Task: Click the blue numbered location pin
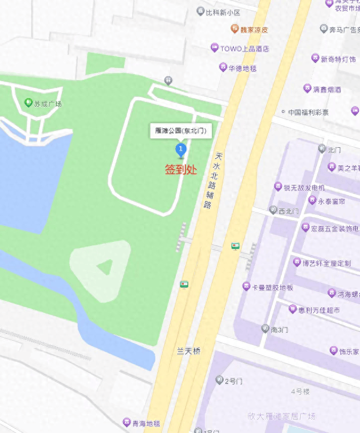181,150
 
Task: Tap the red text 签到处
181,170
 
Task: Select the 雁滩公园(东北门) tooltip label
181,131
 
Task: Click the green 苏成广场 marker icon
29,103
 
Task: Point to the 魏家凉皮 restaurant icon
234,29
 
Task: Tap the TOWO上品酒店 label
244,49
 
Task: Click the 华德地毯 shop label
242,67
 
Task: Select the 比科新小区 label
223,12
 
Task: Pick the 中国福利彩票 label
308,112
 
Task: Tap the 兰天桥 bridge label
188,351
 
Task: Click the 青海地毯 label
146,423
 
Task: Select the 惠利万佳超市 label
319,310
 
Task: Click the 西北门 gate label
289,211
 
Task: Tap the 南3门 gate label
279,330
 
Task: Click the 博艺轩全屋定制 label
326,263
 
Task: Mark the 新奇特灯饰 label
338,59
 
